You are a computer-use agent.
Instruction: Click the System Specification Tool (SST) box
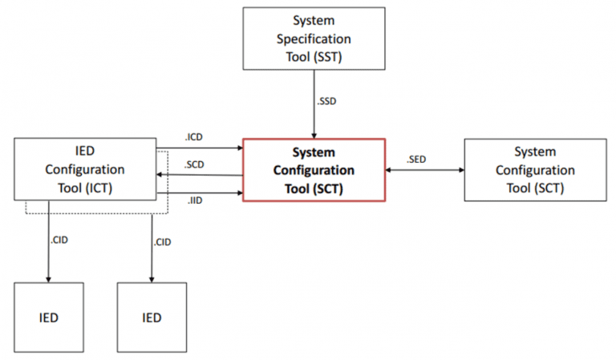(x=314, y=39)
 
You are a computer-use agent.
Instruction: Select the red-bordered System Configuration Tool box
(x=314, y=169)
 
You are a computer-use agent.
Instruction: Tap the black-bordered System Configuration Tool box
(x=535, y=169)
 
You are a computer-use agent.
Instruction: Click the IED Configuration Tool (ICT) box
(x=85, y=169)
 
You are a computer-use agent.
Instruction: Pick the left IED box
(x=48, y=318)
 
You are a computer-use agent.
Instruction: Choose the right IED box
(x=152, y=318)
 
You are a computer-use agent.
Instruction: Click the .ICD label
(x=193, y=138)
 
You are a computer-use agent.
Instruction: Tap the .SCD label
(x=193, y=165)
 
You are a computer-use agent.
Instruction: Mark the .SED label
(x=415, y=159)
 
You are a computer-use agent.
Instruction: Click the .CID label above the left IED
(x=59, y=241)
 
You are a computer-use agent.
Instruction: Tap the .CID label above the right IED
(x=162, y=241)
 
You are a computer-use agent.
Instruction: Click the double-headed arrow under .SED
(x=425, y=170)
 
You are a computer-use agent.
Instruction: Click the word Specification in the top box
(x=314, y=38)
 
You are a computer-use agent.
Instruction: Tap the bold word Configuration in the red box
(x=314, y=170)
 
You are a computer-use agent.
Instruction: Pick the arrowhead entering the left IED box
(x=48, y=278)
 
